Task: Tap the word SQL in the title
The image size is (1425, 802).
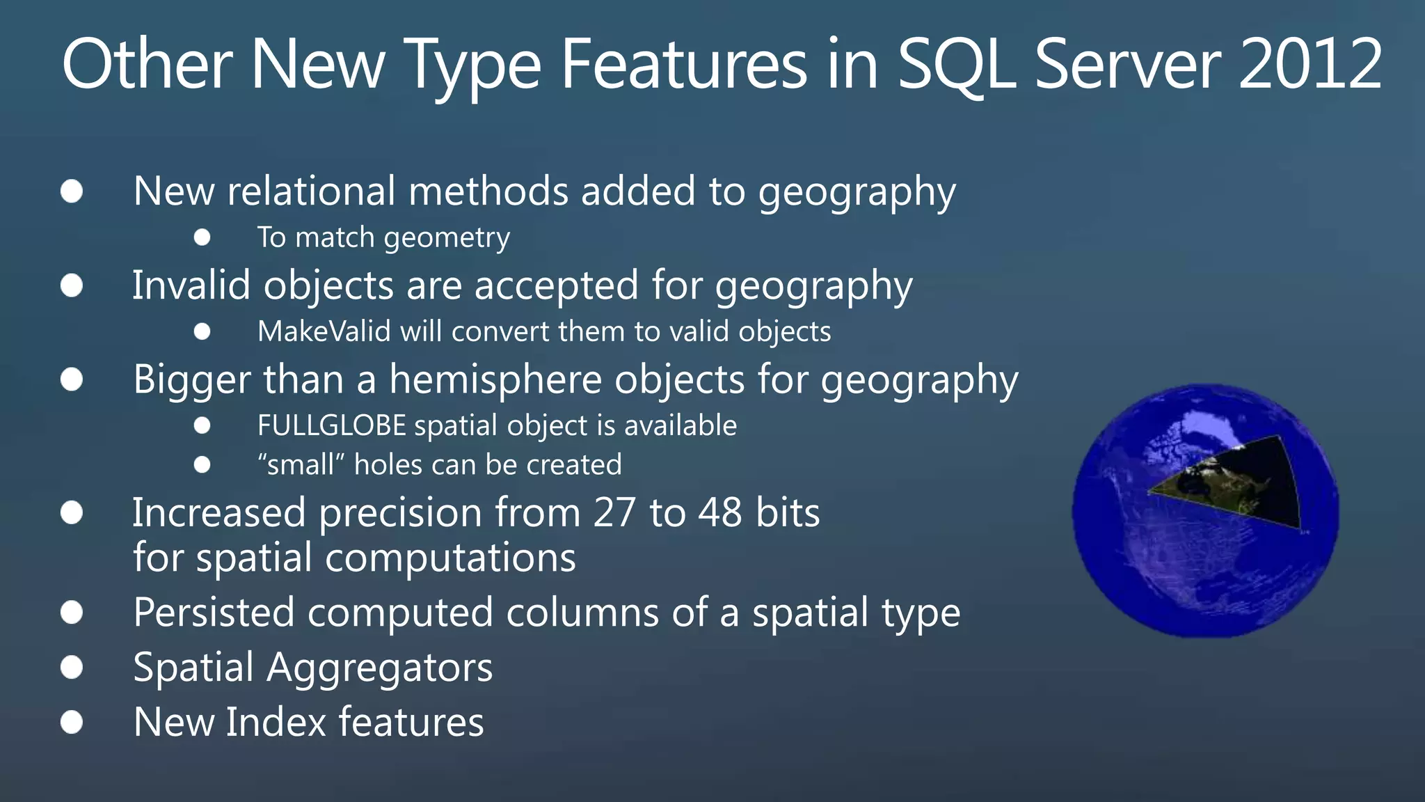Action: [x=958, y=65]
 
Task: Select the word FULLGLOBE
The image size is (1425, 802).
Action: [x=331, y=425]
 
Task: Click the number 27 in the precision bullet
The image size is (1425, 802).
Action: [x=614, y=513]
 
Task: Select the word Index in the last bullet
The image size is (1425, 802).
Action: [x=276, y=722]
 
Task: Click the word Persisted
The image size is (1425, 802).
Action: [x=214, y=613]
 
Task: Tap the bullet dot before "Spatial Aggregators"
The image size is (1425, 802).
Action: [x=72, y=668]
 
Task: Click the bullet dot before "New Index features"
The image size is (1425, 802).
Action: [x=72, y=722]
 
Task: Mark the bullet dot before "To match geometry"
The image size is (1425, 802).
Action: [x=202, y=238]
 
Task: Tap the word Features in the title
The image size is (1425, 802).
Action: [x=684, y=64]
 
